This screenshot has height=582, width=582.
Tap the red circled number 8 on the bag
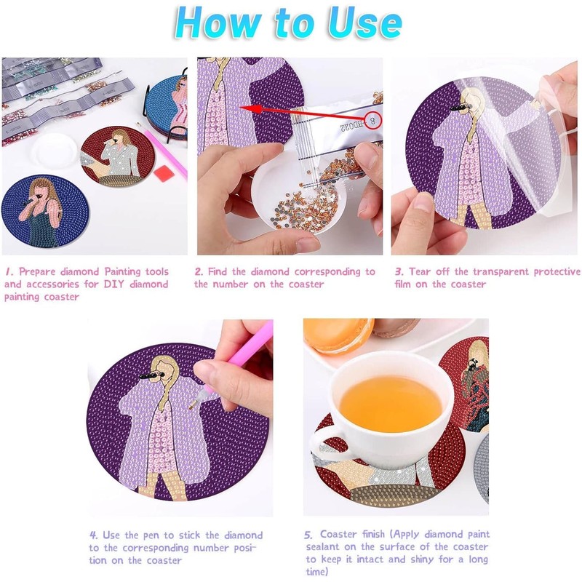point(372,120)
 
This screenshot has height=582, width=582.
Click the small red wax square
point(162,173)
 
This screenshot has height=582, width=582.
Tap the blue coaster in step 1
point(44,212)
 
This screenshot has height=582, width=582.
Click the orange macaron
point(337,335)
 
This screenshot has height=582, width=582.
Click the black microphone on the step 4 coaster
point(151,375)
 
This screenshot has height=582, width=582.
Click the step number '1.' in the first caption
point(9,271)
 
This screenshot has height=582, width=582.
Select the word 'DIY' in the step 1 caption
point(115,284)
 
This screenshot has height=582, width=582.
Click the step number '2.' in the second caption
point(199,271)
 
